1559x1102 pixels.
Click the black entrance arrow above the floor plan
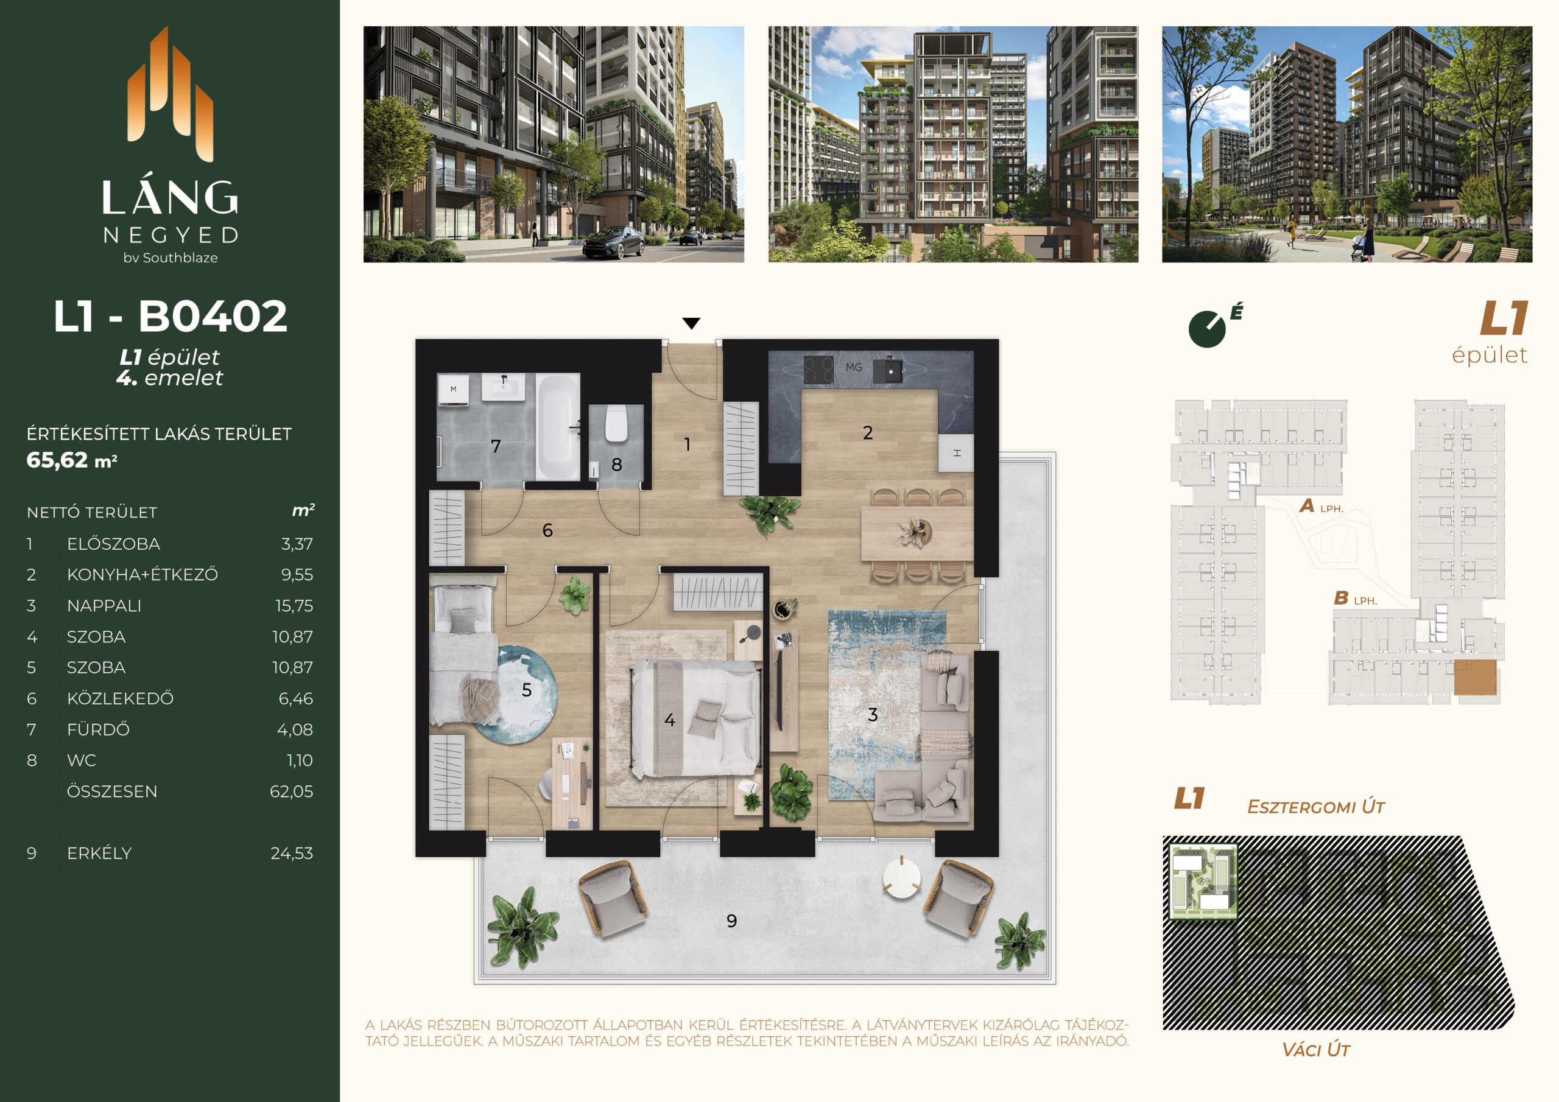coord(691,323)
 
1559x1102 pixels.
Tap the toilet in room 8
coord(616,424)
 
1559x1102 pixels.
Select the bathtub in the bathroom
coord(557,427)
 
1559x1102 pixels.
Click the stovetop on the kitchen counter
coord(818,370)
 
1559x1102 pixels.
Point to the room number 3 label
coord(873,714)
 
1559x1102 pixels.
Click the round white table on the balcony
coord(901,878)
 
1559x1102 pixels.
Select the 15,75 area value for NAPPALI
coord(294,606)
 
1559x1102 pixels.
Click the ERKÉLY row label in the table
coord(99,853)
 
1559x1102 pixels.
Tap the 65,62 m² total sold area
coord(72,460)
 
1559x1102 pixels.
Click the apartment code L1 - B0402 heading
coord(171,317)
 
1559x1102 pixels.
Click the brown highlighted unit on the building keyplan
coord(1475,677)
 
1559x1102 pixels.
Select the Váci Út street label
coord(1316,1050)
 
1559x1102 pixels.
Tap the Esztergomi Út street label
coord(1316,807)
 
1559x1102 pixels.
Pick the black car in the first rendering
coord(613,243)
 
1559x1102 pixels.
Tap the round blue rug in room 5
coord(518,695)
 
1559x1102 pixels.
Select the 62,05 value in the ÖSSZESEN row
coord(291,791)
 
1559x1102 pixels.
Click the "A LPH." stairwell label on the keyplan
coord(1321,506)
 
